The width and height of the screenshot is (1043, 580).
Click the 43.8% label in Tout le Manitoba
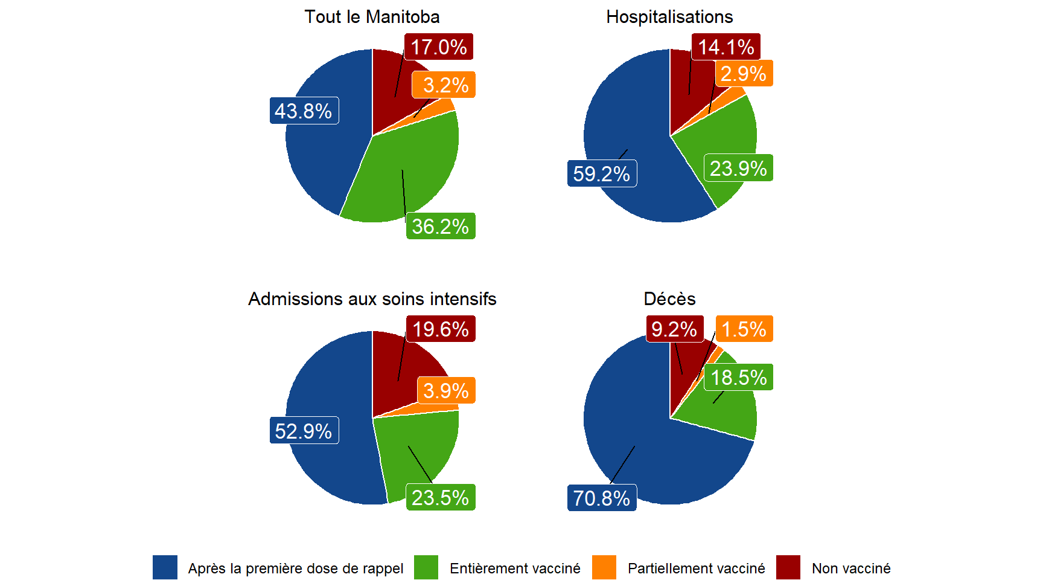pyautogui.click(x=304, y=111)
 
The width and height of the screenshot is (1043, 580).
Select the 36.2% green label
pyautogui.click(x=440, y=226)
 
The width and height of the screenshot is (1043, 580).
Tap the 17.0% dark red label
pyautogui.click(x=438, y=47)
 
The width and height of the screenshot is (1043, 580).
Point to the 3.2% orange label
pyautogui.click(x=444, y=85)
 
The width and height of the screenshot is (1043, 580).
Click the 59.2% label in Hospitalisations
pyautogui.click(x=601, y=173)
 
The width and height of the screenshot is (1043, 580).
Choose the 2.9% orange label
pyautogui.click(x=743, y=74)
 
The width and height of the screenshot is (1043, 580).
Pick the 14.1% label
pyautogui.click(x=726, y=47)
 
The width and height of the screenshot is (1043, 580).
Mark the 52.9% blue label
pyautogui.click(x=304, y=431)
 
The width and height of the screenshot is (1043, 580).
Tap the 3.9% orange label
pyautogui.click(x=445, y=390)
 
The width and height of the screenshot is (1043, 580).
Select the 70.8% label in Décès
pyautogui.click(x=601, y=498)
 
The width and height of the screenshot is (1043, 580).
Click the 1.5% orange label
pyautogui.click(x=744, y=329)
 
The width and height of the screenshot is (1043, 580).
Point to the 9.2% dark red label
pyautogui.click(x=674, y=329)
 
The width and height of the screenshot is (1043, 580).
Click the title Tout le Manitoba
pyautogui.click(x=372, y=17)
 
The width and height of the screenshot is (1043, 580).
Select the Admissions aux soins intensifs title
pyautogui.click(x=372, y=299)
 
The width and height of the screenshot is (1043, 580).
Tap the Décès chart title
pyautogui.click(x=669, y=299)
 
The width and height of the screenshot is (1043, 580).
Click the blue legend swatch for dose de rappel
pyautogui.click(x=165, y=568)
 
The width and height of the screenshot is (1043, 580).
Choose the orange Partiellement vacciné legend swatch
pyautogui.click(x=604, y=568)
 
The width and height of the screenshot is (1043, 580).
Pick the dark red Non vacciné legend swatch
pyautogui.click(x=788, y=568)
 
